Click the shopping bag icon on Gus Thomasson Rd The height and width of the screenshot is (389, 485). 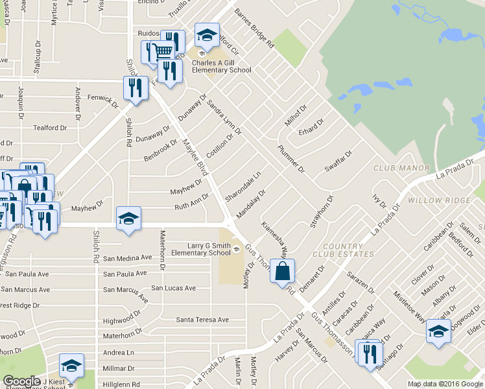point(283,270)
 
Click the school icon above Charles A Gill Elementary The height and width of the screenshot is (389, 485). point(207,35)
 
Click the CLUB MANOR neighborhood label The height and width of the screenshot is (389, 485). point(401,169)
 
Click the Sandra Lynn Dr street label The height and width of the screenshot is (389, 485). point(224,117)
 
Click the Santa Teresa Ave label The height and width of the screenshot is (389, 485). point(202,320)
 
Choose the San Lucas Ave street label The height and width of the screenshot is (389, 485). point(173,288)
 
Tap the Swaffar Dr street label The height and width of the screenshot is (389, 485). point(338,162)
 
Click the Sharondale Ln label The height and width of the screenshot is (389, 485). point(242,186)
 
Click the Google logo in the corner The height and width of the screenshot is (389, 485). point(21,381)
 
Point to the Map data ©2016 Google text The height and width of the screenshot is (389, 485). point(445,384)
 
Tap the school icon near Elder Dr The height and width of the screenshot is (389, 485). point(438,331)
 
